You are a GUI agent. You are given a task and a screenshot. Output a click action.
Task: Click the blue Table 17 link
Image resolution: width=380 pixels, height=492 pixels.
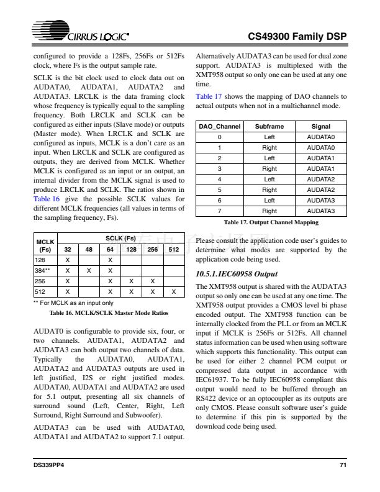(209, 96)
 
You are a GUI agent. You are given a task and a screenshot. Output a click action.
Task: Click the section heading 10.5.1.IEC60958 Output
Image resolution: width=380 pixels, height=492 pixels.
(236, 274)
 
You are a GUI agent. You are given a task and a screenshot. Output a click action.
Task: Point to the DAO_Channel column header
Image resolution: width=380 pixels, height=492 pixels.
(220, 126)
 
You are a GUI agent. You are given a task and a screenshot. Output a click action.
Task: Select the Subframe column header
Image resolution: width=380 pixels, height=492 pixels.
(269, 126)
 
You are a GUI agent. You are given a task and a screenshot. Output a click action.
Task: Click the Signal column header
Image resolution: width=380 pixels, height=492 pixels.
(321, 126)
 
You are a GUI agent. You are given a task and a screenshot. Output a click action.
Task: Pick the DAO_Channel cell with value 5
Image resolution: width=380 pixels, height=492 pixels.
(220, 189)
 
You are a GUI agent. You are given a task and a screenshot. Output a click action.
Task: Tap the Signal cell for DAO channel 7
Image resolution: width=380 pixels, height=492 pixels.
(321, 211)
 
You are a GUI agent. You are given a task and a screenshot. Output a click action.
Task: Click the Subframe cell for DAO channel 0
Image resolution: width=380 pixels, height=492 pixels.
(269, 137)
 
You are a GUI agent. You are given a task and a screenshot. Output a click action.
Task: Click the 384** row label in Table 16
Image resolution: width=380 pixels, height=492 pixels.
(43, 270)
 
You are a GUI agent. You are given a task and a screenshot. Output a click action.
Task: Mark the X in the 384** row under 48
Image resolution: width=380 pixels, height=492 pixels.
(89, 270)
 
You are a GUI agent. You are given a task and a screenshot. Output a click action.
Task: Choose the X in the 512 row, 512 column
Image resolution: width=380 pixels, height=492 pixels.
(173, 291)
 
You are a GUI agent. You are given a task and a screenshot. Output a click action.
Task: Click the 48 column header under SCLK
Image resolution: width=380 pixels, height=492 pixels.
(89, 249)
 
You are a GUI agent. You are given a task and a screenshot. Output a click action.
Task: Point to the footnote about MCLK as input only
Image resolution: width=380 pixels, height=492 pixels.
(73, 303)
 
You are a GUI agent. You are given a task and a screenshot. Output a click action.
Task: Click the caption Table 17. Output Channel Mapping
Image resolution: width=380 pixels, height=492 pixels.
(271, 222)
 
